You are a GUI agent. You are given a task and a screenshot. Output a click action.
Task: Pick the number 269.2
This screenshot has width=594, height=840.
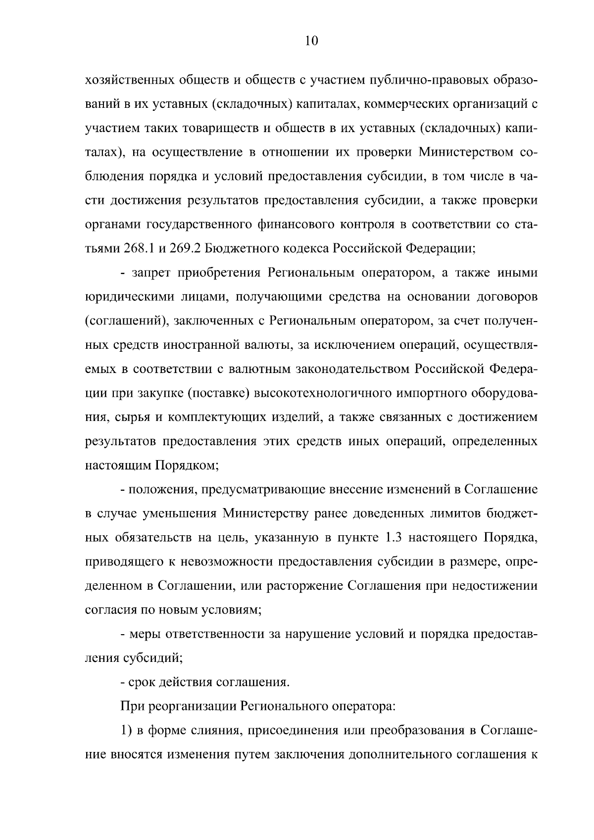[185, 248]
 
